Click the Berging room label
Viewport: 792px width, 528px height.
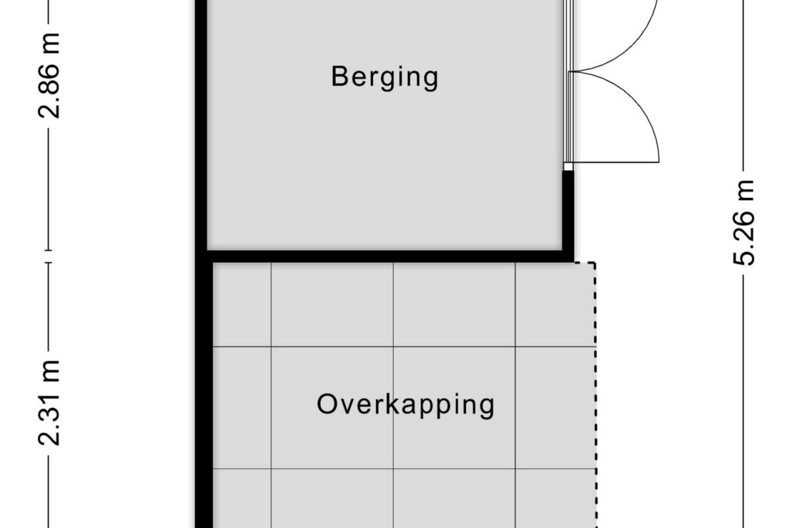click(x=385, y=78)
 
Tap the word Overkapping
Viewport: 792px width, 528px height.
click(x=406, y=406)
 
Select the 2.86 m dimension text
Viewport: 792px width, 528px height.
click(x=49, y=76)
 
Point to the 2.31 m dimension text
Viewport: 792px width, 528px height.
click(x=49, y=403)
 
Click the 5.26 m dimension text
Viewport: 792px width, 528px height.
click(x=743, y=223)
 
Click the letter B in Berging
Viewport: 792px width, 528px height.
click(x=339, y=76)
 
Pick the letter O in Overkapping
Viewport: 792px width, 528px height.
click(x=327, y=404)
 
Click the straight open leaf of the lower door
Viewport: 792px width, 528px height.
click(x=616, y=162)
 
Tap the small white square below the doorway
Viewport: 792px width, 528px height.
click(x=568, y=166)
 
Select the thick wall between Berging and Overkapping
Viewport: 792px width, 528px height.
click(x=385, y=257)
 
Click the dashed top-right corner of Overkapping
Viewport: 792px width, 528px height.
click(x=595, y=263)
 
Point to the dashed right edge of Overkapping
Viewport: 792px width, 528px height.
click(x=595, y=395)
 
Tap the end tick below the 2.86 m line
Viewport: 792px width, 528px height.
click(x=49, y=251)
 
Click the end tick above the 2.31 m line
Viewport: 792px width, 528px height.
click(x=49, y=263)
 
